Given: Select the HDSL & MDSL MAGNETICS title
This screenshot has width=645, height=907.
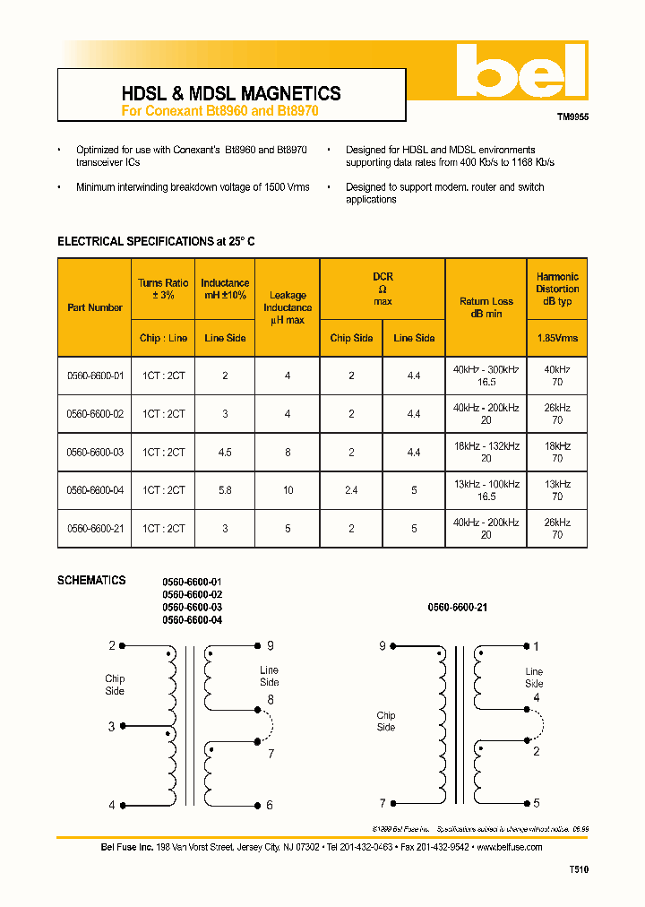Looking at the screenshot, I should coord(230,93).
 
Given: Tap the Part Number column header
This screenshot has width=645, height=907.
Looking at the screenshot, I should coord(95,307).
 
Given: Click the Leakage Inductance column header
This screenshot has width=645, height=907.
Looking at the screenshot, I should coord(288,307).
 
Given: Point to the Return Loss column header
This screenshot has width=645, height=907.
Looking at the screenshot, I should coord(486,307).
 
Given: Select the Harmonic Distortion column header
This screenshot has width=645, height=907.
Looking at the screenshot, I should coord(557,289).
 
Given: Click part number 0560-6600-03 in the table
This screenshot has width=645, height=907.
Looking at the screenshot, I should coord(95,453).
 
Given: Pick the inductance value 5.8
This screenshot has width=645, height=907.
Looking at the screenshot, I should coord(225,490).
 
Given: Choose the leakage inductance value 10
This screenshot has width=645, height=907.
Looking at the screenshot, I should coord(288,490).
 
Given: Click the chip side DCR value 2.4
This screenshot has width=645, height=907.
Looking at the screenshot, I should coord(351,490).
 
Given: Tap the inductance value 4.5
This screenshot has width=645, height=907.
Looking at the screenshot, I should coord(225,453).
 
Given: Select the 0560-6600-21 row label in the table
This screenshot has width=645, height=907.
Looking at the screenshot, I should coord(95,529).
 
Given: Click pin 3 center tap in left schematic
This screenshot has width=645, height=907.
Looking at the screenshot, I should coord(112,727).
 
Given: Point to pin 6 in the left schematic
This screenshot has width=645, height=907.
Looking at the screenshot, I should coord(270,805).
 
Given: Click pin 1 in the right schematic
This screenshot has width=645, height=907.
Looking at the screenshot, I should coord(537,646).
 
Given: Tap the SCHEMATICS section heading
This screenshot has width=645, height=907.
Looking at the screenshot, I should coord(91,581).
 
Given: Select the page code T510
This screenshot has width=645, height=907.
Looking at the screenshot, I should coord(579,869).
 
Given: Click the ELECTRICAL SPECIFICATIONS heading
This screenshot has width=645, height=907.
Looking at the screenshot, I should coord(156,242).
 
